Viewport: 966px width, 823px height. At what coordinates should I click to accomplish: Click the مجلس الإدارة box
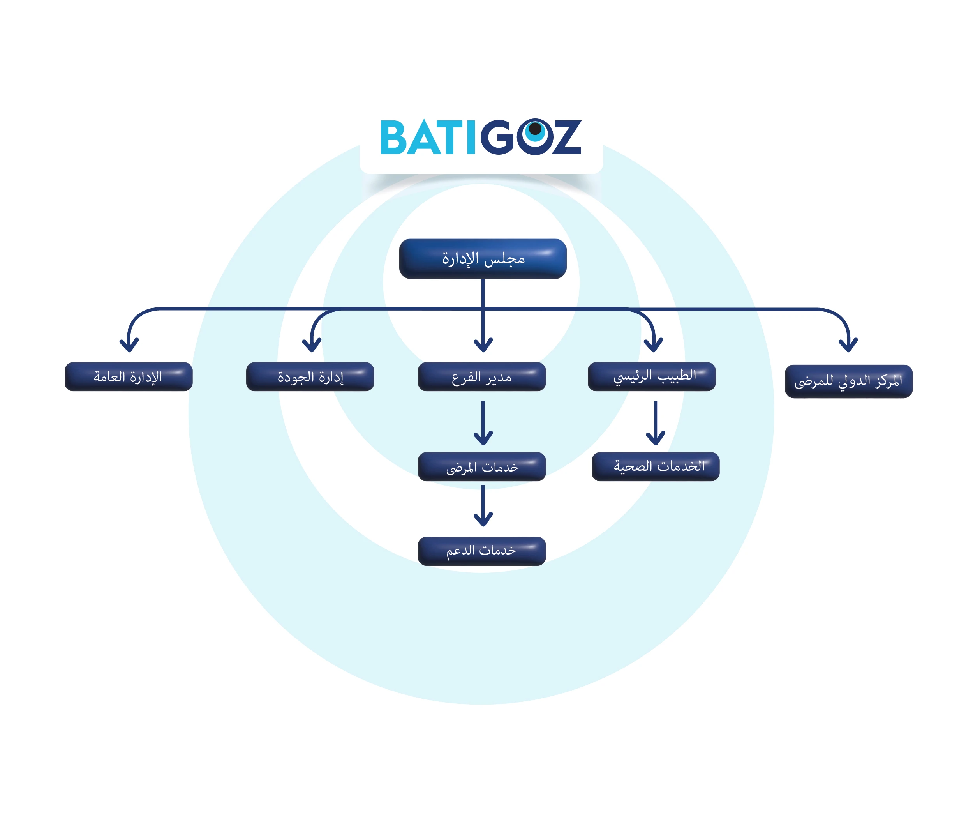click(x=483, y=259)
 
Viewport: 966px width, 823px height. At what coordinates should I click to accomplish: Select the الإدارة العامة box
click(x=129, y=376)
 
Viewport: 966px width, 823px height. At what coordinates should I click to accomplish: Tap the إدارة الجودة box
click(x=310, y=376)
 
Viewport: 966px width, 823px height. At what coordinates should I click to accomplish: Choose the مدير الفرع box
click(x=482, y=376)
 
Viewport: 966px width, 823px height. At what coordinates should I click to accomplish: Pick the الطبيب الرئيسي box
click(x=652, y=376)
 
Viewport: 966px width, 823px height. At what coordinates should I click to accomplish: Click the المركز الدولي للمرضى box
click(x=848, y=381)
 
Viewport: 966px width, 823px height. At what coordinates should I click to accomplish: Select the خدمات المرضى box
click(x=482, y=466)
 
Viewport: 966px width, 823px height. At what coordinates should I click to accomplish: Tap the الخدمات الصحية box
click(x=656, y=466)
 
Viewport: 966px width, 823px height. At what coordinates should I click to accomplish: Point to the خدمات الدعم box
click(x=482, y=551)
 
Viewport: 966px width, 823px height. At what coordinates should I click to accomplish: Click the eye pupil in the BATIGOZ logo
click(x=535, y=128)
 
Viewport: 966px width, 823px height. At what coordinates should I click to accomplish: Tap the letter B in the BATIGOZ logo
click(x=395, y=138)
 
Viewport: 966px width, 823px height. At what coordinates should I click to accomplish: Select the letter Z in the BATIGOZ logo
click(x=566, y=138)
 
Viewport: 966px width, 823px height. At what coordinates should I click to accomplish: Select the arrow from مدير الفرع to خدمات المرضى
click(x=483, y=423)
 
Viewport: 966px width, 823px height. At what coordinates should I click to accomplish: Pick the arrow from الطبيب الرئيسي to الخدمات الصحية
click(x=656, y=423)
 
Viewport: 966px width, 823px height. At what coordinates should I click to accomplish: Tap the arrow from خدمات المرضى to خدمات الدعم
click(x=483, y=506)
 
